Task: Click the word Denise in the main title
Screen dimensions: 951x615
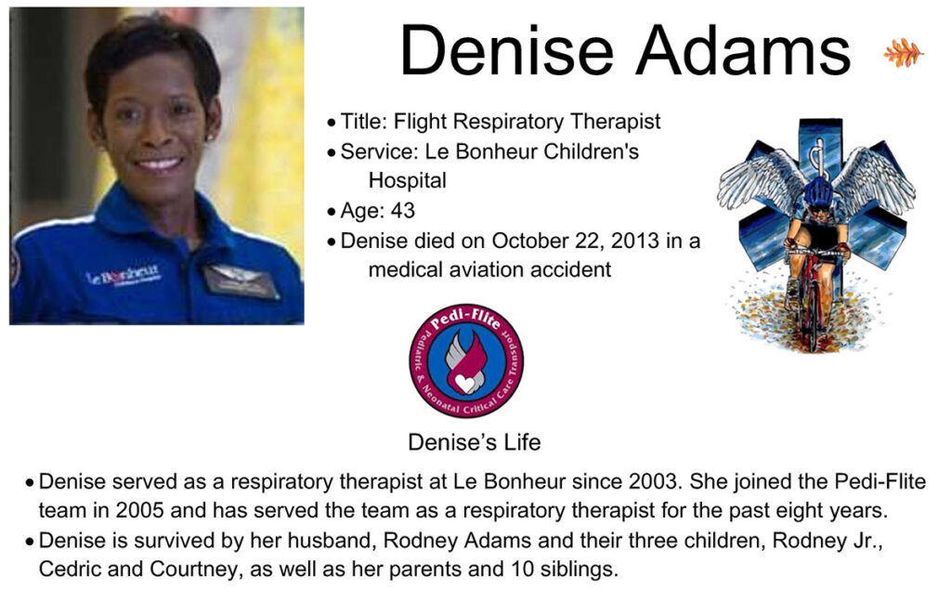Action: click(x=506, y=51)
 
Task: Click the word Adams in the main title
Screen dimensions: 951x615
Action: click(x=743, y=51)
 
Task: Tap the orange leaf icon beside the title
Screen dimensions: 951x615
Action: click(x=904, y=53)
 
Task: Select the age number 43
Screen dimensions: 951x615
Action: click(x=403, y=211)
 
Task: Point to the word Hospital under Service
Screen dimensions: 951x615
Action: click(x=407, y=180)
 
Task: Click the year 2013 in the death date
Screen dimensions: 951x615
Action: click(x=635, y=241)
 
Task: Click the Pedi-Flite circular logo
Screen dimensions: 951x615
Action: click(x=466, y=360)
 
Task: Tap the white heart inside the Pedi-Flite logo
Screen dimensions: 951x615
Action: click(x=466, y=384)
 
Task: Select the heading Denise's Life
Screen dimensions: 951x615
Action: click(x=475, y=442)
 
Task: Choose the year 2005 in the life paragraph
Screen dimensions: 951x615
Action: click(x=140, y=510)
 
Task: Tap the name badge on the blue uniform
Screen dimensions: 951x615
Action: click(x=241, y=281)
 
